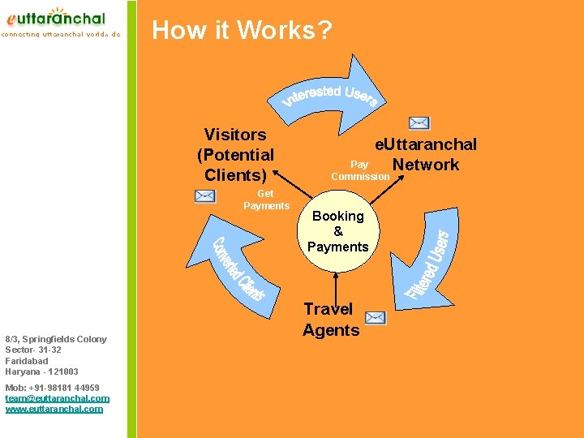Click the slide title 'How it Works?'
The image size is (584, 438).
(x=242, y=31)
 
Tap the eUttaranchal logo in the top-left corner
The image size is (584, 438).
(x=57, y=17)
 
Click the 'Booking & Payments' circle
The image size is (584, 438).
(x=338, y=231)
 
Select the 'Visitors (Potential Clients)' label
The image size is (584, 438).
(x=235, y=154)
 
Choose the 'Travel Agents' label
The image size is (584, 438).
(x=331, y=319)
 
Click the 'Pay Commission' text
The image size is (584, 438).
(x=359, y=170)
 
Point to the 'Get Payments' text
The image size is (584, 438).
(x=266, y=200)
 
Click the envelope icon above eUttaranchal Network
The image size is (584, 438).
(x=419, y=123)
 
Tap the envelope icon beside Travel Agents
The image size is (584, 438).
(x=376, y=317)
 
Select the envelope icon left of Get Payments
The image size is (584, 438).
(x=205, y=195)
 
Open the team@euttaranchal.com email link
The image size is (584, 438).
(x=57, y=398)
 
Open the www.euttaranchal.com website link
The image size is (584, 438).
(x=54, y=409)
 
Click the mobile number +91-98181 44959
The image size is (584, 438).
(x=53, y=388)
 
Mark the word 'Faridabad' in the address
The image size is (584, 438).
(x=27, y=361)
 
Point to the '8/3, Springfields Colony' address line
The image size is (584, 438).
(x=55, y=339)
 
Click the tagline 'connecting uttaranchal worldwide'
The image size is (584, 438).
(x=61, y=35)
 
